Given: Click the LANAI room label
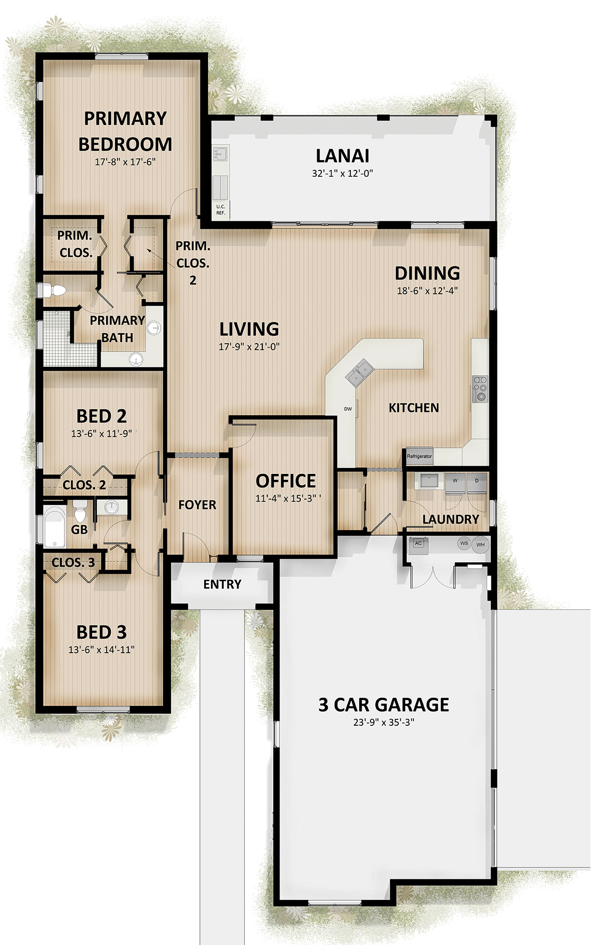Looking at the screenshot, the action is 342,156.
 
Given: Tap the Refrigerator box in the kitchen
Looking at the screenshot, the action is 419,456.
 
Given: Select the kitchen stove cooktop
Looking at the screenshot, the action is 480,389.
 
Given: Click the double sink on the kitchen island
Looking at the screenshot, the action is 359,373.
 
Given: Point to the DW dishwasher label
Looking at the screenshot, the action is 348,409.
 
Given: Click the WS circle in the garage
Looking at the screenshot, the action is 464,543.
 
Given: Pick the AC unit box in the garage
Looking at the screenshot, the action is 418,544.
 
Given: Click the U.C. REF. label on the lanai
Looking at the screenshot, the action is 220,210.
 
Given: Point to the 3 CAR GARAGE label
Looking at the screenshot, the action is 384,705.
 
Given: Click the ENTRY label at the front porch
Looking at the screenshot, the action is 222,584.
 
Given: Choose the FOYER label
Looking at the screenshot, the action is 197,505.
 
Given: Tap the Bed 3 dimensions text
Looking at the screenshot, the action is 101,650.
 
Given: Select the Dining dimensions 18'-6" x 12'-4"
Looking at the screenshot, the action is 427,290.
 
